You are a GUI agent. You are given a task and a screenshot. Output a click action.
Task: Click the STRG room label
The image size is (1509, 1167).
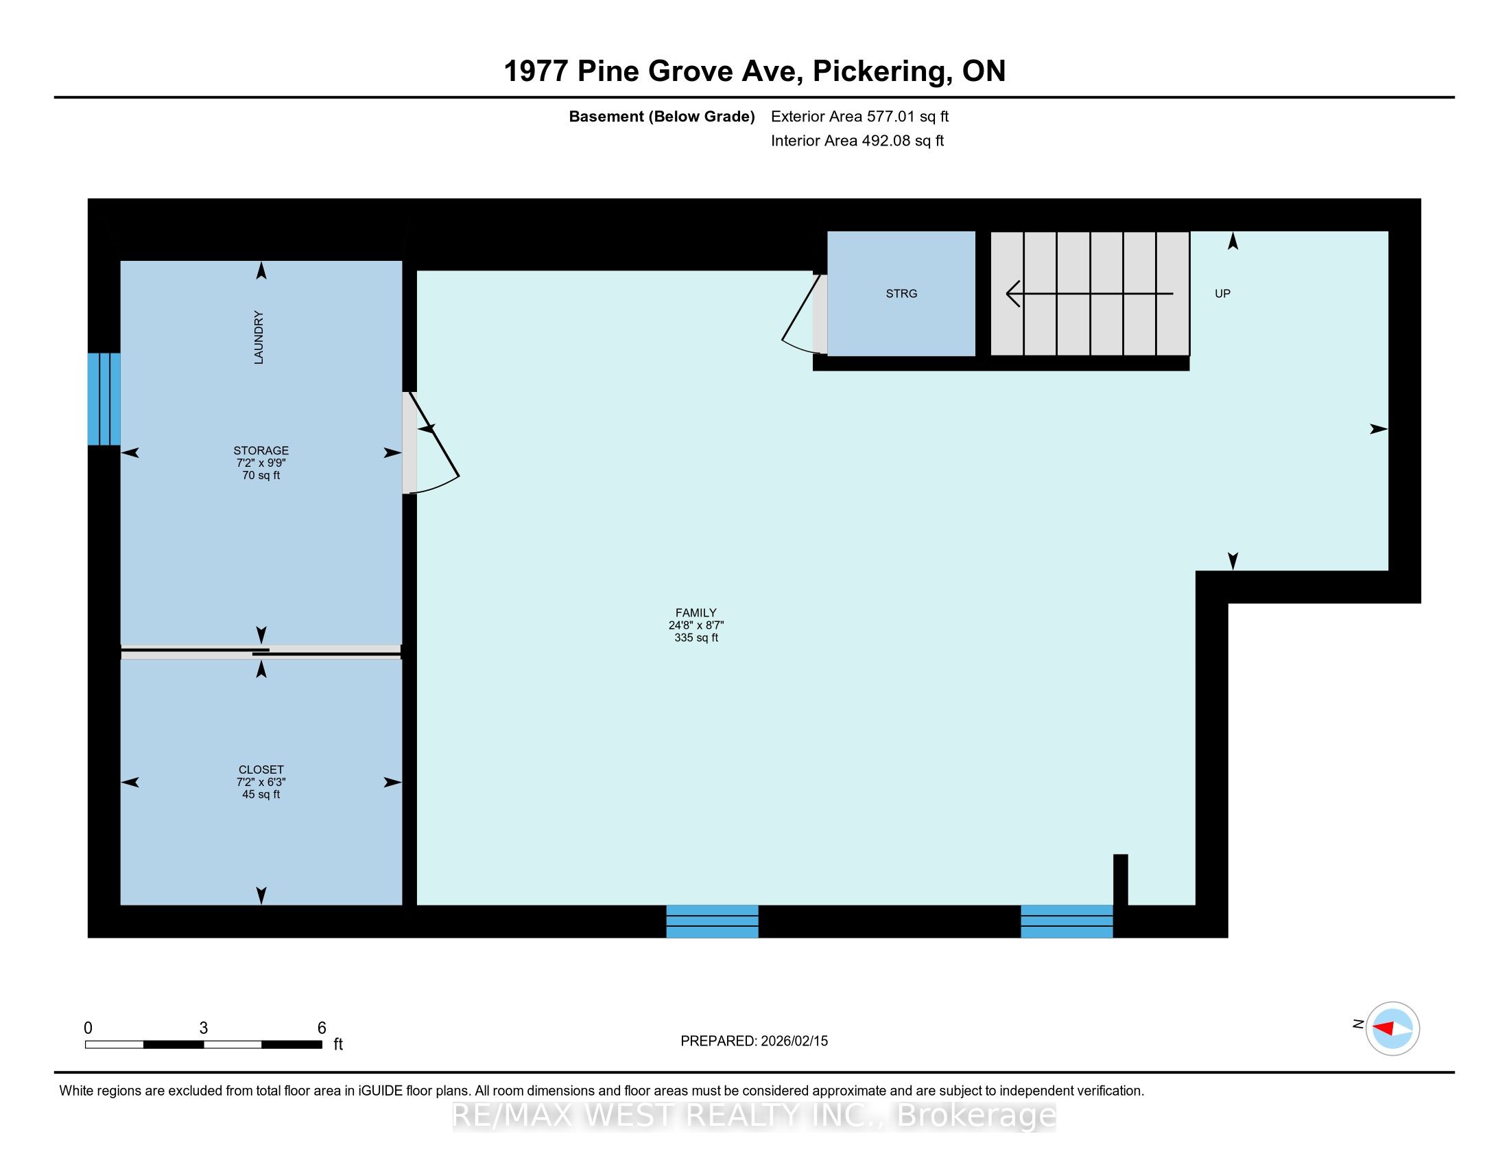click(901, 294)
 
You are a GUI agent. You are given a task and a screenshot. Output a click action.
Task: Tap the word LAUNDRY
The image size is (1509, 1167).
click(259, 337)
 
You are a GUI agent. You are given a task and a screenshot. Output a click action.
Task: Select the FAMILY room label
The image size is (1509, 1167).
click(696, 612)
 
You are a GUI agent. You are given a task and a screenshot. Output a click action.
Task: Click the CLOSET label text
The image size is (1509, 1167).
click(261, 770)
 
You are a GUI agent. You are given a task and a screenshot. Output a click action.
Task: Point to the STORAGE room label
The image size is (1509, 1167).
click(261, 450)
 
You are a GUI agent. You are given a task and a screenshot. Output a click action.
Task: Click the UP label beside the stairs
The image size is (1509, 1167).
click(1222, 294)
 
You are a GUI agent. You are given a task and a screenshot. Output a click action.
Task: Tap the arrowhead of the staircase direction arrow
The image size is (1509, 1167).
click(1013, 294)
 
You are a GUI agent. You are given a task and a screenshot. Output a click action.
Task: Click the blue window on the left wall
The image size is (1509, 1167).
click(104, 399)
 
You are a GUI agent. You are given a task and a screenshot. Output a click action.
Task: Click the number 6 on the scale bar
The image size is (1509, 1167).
click(321, 1028)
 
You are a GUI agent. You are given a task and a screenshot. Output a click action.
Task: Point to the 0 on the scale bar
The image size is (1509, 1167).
click(88, 1028)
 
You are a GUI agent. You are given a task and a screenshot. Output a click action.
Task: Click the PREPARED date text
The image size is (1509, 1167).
click(754, 1041)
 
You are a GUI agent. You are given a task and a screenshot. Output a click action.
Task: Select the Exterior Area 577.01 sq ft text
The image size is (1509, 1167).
click(859, 117)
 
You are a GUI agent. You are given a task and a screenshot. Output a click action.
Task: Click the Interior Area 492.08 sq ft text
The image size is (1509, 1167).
click(857, 141)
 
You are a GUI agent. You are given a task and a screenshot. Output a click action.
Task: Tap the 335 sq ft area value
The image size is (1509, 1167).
click(696, 638)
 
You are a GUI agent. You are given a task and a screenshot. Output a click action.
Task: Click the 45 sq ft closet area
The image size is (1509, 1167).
click(261, 794)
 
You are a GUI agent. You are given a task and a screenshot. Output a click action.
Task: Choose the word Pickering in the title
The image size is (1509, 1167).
click(877, 71)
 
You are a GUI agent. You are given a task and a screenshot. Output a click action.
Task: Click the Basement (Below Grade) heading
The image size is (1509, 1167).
click(661, 117)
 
